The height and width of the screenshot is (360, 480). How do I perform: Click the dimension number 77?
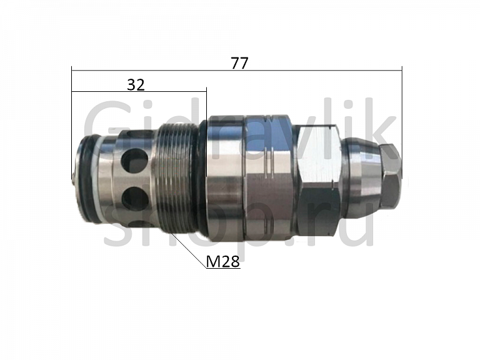pyautogui.click(x=239, y=62)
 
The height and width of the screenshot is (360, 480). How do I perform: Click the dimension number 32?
pyautogui.click(x=136, y=84)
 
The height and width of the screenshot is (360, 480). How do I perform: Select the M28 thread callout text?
pyautogui.click(x=223, y=261)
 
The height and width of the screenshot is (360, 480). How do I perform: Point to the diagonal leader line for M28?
pyautogui.click(x=189, y=251)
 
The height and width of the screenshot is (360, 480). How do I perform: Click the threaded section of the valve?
pyautogui.click(x=176, y=180)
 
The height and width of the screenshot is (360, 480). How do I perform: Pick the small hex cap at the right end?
pyautogui.click(x=390, y=180)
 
